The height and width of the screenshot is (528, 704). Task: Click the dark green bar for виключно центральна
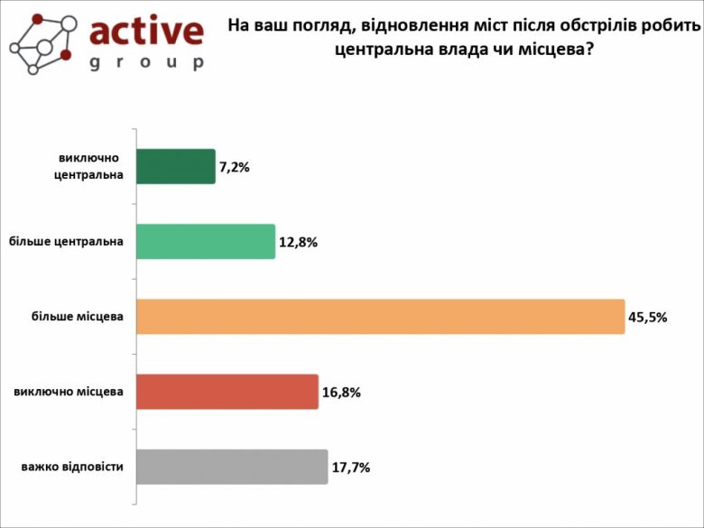176,167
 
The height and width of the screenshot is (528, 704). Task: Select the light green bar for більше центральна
206,242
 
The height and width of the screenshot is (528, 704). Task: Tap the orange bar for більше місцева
380,317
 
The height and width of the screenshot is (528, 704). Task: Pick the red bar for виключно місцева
227,392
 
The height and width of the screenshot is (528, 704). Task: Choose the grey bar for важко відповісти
232,467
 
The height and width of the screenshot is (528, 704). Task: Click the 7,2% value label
234,168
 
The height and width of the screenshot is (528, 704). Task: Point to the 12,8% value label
298,243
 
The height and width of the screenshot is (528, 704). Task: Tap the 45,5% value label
647,318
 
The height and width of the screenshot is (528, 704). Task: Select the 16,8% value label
341,393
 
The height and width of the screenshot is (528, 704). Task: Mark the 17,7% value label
351,468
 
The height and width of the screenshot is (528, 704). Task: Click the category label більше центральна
66,242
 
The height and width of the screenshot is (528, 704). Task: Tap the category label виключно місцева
69,392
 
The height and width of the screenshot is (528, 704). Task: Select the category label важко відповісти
72,467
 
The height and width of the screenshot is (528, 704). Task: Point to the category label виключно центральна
87,167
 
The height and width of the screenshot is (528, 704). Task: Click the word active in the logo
147,32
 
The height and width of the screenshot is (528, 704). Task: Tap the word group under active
147,62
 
